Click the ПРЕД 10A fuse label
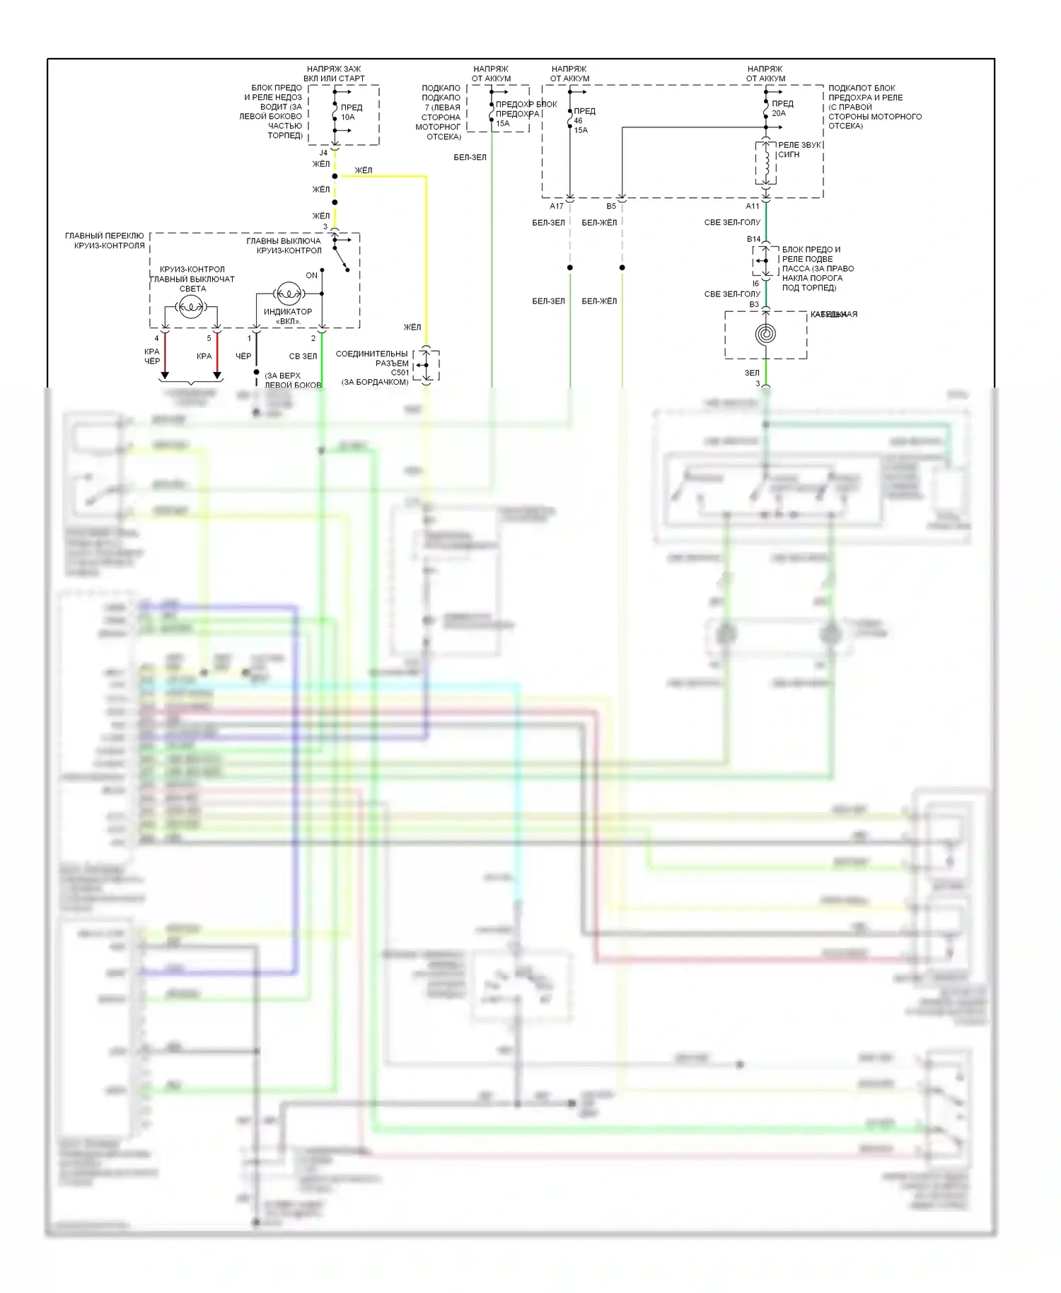click(x=351, y=112)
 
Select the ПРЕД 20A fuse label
click(x=782, y=108)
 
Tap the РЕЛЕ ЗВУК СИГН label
click(x=799, y=149)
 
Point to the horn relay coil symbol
click(x=765, y=163)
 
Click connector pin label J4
click(x=323, y=153)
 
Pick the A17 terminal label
click(x=557, y=207)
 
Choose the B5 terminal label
click(x=611, y=207)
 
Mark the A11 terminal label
click(x=753, y=207)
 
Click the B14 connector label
click(x=754, y=239)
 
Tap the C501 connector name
click(x=400, y=373)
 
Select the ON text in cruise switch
click(x=311, y=275)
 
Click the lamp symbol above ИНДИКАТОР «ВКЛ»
click(x=287, y=293)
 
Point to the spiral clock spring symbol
click(x=765, y=334)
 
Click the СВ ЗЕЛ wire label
click(x=303, y=356)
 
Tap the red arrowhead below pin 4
click(x=165, y=375)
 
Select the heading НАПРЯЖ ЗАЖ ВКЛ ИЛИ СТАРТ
click(x=334, y=74)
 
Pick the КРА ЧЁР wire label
click(x=152, y=356)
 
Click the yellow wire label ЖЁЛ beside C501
click(x=412, y=327)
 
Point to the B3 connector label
click(x=754, y=305)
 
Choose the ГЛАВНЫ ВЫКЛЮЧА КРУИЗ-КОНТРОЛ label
click(x=284, y=245)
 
